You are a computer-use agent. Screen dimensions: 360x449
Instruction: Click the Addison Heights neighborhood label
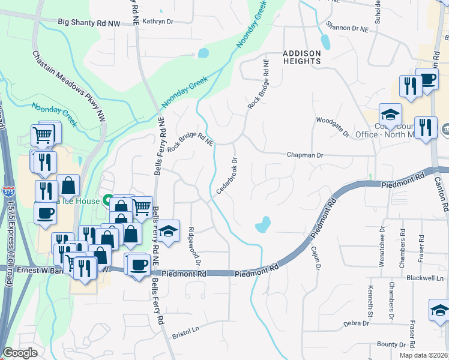(302, 57)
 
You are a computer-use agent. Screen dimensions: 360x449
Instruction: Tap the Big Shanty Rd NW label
(89, 22)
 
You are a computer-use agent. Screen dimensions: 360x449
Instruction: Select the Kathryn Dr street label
(158, 21)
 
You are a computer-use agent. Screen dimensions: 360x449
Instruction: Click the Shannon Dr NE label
(346, 27)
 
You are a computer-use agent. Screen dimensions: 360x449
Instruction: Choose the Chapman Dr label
(304, 155)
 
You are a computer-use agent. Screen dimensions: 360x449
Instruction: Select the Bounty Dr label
(391, 344)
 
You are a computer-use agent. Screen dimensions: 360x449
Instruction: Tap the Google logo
(20, 353)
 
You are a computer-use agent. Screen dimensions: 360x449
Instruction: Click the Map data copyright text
(424, 355)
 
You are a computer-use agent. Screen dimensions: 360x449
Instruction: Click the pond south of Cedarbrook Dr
(262, 224)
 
